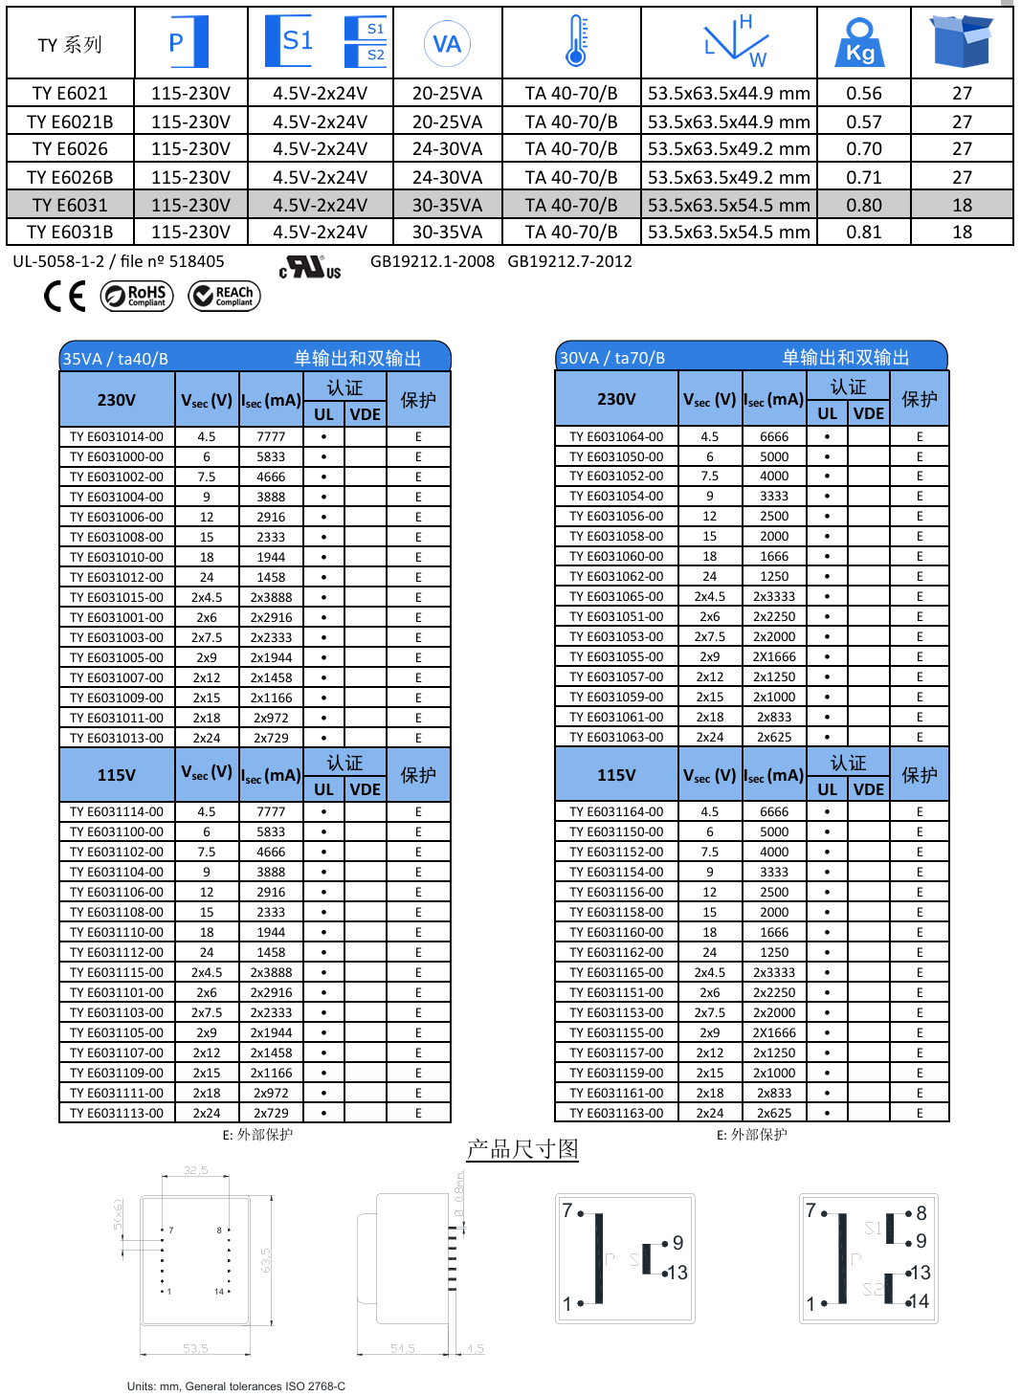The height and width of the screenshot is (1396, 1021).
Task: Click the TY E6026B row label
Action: tap(70, 177)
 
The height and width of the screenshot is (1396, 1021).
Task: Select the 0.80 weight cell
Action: tap(863, 205)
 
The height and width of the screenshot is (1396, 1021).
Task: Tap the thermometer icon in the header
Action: tap(575, 41)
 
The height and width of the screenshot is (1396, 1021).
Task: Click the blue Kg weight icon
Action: tap(859, 43)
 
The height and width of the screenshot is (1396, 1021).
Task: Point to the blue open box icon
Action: tap(961, 42)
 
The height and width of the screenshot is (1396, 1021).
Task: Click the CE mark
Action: tap(65, 296)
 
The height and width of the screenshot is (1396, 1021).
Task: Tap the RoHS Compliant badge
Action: tap(137, 296)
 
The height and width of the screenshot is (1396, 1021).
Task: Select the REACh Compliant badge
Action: tap(224, 296)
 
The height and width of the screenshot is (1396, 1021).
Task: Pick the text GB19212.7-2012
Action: tap(569, 261)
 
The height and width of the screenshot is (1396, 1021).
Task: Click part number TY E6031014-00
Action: tap(117, 436)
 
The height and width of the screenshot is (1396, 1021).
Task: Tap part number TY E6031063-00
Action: tap(616, 737)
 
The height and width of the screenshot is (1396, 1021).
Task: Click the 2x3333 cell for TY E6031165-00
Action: tap(774, 972)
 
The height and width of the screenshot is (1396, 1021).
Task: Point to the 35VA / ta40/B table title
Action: tap(115, 359)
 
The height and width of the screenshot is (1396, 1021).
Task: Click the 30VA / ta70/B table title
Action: tap(611, 358)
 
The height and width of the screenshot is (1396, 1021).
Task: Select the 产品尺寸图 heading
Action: tap(522, 1148)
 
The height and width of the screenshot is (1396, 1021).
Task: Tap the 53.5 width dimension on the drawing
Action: tap(195, 1348)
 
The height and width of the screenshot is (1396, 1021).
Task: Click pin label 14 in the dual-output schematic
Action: tap(919, 1301)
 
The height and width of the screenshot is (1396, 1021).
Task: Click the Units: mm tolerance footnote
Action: tap(236, 1386)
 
